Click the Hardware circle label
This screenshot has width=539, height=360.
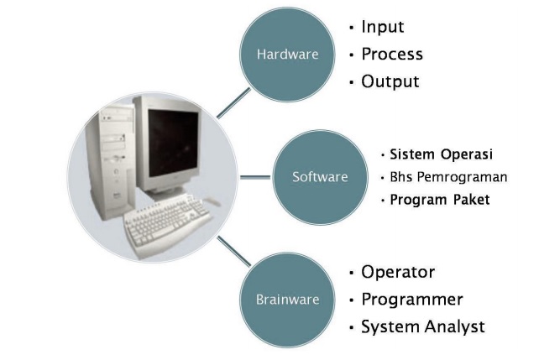pyautogui.click(x=287, y=55)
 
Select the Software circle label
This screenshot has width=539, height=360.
pyautogui.click(x=320, y=177)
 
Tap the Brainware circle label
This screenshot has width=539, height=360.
pyautogui.click(x=287, y=300)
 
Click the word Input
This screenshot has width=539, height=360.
pyautogui.click(x=383, y=27)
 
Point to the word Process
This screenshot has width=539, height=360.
pyautogui.click(x=392, y=54)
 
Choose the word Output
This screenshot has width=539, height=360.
pyautogui.click(x=390, y=81)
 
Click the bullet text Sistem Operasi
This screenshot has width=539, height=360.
pyautogui.click(x=441, y=154)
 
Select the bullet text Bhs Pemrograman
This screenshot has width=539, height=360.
pyautogui.click(x=448, y=177)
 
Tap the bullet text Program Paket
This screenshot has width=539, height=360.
pyautogui.click(x=440, y=200)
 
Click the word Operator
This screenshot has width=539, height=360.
pyautogui.click(x=398, y=272)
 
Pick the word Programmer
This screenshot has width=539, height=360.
pyautogui.click(x=412, y=300)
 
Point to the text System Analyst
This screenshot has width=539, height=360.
pyautogui.click(x=423, y=326)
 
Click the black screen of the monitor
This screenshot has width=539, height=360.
pyautogui.click(x=173, y=142)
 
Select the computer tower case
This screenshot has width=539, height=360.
pyautogui.click(x=110, y=161)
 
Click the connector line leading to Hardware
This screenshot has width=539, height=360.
pyautogui.click(x=233, y=103)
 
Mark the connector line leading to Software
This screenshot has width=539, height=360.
pyautogui.click(x=255, y=177)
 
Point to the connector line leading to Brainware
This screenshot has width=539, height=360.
pyautogui.click(x=234, y=251)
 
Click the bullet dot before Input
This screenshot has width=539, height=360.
pyautogui.click(x=351, y=27)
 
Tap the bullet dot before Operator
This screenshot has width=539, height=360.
pyautogui.click(x=351, y=273)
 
